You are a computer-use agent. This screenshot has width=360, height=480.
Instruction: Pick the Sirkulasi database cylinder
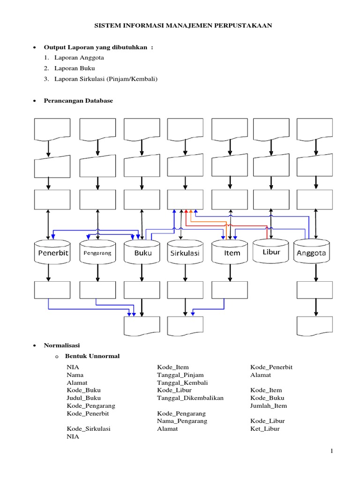tap(185, 253)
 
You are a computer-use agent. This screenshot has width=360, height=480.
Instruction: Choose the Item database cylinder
tap(229, 253)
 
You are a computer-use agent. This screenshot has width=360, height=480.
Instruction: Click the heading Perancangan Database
tap(78, 101)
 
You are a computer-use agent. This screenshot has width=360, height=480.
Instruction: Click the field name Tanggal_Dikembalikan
tap(190, 398)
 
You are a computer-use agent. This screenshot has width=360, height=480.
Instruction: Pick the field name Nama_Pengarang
tap(182, 421)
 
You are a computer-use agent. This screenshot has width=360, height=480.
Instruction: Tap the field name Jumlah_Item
tap(269, 405)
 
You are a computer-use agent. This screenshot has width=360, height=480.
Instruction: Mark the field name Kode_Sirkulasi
tap(89, 428)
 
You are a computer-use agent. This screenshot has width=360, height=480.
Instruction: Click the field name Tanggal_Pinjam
tap(180, 375)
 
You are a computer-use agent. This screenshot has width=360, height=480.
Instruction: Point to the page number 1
tap(331, 451)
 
